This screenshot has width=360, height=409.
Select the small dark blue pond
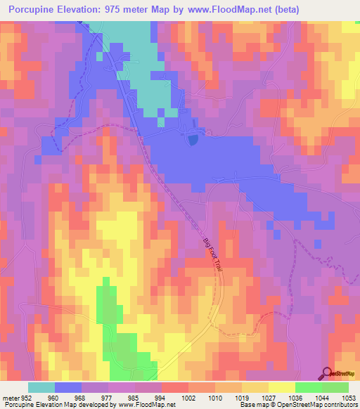click(192, 140)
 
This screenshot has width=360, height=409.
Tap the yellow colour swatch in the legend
click(281, 387)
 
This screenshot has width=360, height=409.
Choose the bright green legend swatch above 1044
click(308, 387)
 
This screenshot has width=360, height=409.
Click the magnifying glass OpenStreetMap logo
click(328, 372)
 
